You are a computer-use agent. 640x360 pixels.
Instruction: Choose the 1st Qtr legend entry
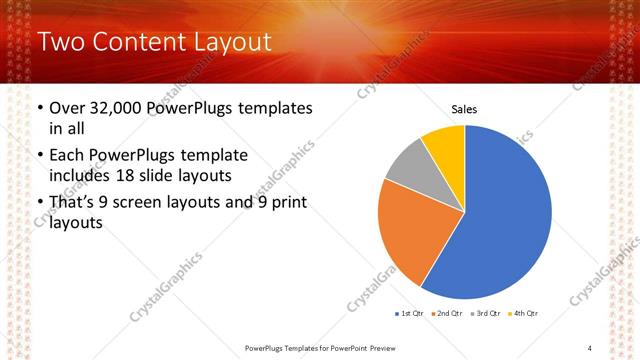(x=409, y=314)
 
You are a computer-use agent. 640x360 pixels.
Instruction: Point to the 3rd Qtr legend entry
(x=484, y=314)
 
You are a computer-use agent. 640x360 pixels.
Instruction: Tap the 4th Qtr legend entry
(x=523, y=314)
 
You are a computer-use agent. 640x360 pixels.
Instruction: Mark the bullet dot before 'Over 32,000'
(x=39, y=108)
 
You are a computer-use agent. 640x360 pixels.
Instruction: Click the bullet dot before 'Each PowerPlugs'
(x=39, y=156)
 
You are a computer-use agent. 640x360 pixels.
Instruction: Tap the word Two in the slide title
(x=59, y=42)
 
